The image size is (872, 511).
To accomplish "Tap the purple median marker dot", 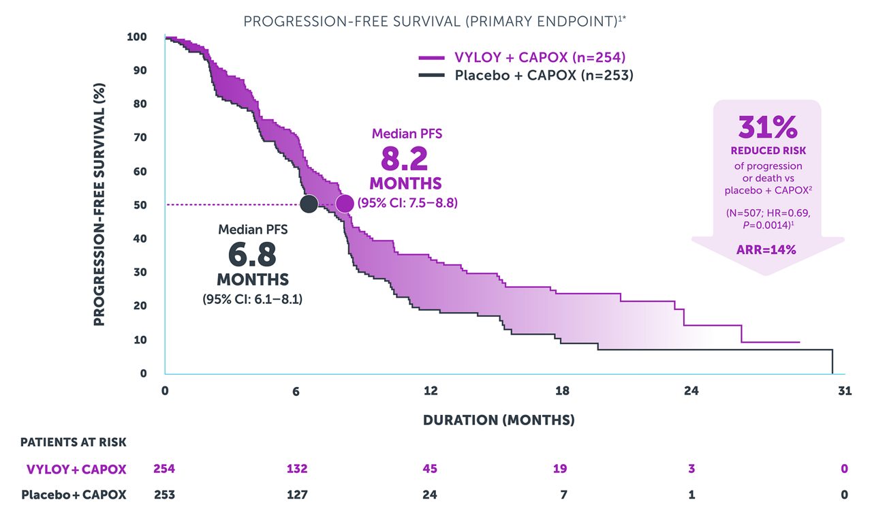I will [345, 203].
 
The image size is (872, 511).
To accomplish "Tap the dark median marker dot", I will [309, 203].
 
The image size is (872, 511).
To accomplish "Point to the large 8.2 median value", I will [405, 159].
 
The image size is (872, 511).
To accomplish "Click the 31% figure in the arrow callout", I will [767, 127].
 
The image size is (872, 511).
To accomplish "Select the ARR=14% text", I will [767, 249].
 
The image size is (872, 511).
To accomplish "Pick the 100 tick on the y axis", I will [136, 37].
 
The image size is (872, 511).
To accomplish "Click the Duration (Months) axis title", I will [499, 420].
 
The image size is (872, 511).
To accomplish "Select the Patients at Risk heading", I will [73, 442].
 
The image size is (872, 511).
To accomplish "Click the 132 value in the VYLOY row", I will [297, 469].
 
